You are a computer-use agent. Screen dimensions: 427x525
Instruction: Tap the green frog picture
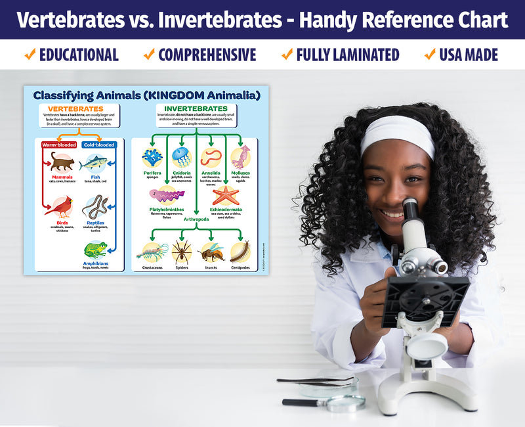95,250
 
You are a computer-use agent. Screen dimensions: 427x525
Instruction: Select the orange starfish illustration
226,195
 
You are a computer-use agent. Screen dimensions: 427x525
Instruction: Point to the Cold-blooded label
99,145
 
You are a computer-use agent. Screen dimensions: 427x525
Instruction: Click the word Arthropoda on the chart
196,219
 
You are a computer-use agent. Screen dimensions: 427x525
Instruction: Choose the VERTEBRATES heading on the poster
79,108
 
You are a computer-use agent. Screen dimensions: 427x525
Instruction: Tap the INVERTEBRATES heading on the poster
196,108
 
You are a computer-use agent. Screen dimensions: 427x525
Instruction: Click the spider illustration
182,251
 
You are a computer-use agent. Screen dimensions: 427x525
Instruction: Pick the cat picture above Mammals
62,161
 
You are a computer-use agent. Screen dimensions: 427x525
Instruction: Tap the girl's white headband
398,132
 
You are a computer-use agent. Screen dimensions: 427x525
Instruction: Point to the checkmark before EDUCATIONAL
30,55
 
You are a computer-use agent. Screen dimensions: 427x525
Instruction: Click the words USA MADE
469,55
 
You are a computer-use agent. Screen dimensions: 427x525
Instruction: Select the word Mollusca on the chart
240,173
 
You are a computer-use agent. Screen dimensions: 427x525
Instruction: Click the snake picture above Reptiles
95,208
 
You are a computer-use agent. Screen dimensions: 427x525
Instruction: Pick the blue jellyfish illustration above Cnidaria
181,158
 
